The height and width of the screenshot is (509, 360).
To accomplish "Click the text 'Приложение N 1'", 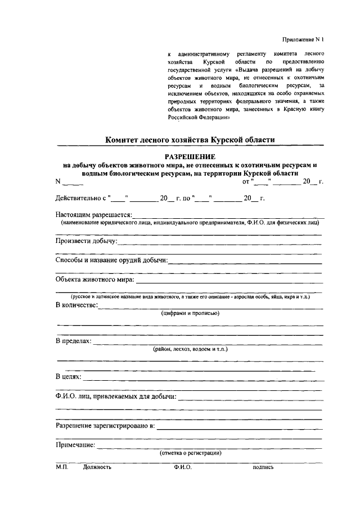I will pos(303,39).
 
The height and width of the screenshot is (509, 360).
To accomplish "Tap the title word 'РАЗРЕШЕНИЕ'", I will pos(190,156).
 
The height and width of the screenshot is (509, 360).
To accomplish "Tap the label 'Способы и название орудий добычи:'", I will pos(111,260).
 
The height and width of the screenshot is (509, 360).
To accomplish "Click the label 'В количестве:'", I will pos(77,305).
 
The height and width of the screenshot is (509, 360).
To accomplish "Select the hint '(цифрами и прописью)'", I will pos(190,313).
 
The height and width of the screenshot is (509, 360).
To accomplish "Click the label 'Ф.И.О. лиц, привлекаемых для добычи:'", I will pos(116,397).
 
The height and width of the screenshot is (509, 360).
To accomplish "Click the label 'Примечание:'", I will pos(75,445).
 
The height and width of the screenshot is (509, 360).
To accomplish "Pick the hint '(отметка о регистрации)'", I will pos(190,453).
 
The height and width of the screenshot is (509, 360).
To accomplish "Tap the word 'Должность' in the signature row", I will pos(97,467).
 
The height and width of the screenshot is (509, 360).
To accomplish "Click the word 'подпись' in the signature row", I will pos(263,467).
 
